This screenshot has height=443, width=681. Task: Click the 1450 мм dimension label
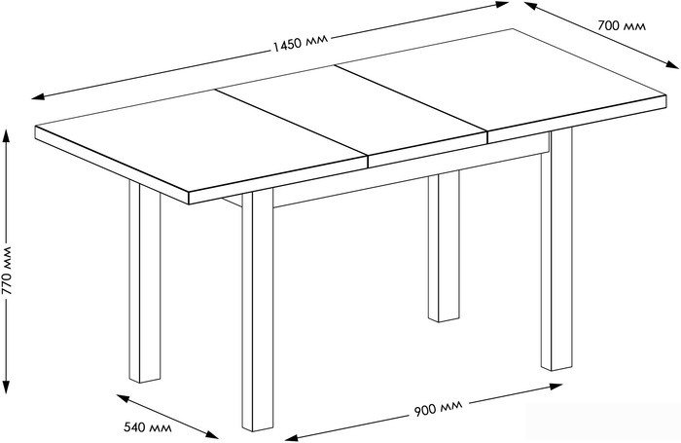301,44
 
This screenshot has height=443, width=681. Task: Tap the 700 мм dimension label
622,25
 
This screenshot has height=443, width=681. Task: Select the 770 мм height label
7,271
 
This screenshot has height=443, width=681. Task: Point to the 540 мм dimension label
148,427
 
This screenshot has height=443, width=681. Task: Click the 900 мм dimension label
439,408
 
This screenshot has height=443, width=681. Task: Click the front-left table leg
145,281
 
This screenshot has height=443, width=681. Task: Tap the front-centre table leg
258,310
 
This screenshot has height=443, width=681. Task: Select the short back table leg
444,246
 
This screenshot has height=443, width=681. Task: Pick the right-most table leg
556,249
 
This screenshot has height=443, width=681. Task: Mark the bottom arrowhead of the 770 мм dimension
6,387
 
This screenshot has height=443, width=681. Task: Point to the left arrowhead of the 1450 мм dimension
38,96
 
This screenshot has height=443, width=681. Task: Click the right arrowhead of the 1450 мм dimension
502,4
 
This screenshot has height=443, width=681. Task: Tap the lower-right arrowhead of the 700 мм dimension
672,65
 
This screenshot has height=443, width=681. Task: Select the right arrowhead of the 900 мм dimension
556,387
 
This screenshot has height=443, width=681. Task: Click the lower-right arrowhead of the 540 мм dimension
212,434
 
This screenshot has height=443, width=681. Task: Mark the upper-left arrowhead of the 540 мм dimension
123,397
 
